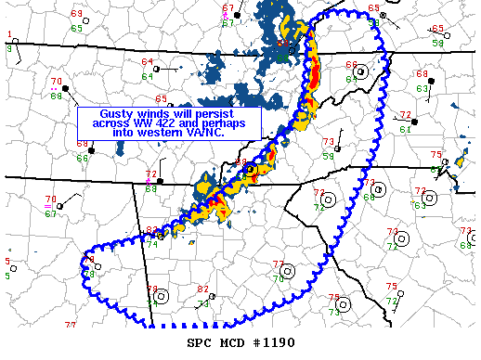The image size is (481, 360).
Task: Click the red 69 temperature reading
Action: point(75,14)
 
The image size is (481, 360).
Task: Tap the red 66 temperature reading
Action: point(352,64)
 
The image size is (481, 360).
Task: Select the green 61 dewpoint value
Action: point(405,129)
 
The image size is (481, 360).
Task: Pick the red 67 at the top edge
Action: point(228,8)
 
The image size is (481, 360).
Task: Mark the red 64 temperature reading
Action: point(148,62)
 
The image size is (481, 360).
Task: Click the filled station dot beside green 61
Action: point(415,122)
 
